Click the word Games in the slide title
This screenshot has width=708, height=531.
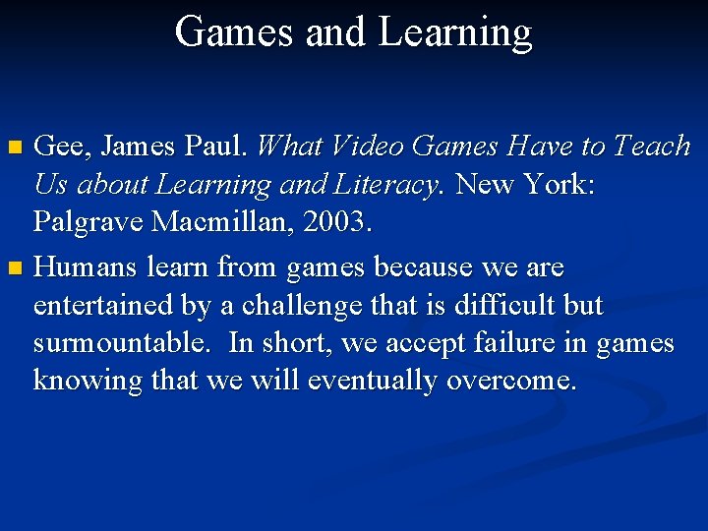(x=234, y=32)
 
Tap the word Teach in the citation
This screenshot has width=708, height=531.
(x=652, y=147)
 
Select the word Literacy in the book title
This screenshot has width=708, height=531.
(x=386, y=186)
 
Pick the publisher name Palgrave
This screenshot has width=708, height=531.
(x=88, y=224)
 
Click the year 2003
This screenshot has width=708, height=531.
(x=337, y=223)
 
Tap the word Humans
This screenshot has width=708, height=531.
(x=87, y=266)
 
